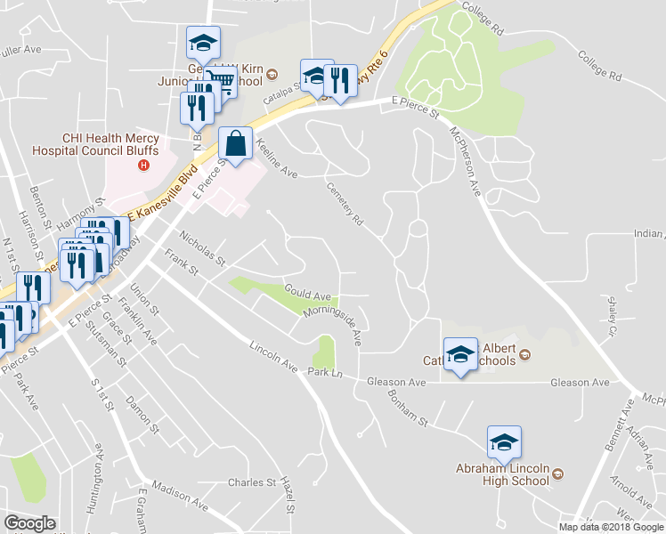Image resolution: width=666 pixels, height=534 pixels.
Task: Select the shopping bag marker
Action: click(234, 143)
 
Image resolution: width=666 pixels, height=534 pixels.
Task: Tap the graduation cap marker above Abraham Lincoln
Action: click(505, 442)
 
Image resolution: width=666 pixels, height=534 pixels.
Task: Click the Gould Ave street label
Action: click(307, 292)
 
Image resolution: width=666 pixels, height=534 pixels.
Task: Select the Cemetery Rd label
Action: click(346, 204)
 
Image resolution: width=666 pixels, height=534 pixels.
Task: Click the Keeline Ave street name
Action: click(275, 158)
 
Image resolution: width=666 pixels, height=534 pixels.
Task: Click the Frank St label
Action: click(182, 268)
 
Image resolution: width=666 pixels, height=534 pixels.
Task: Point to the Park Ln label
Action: click(325, 371)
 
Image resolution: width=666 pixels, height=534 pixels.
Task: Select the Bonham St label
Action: click(409, 406)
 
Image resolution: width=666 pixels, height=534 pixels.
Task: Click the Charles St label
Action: click(251, 482)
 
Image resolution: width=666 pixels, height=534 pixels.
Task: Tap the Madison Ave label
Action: click(180, 497)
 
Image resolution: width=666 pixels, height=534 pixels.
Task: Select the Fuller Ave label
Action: click(22, 50)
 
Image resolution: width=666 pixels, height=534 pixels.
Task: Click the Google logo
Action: click(28, 523)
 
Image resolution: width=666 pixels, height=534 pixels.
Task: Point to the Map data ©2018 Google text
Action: click(611, 527)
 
